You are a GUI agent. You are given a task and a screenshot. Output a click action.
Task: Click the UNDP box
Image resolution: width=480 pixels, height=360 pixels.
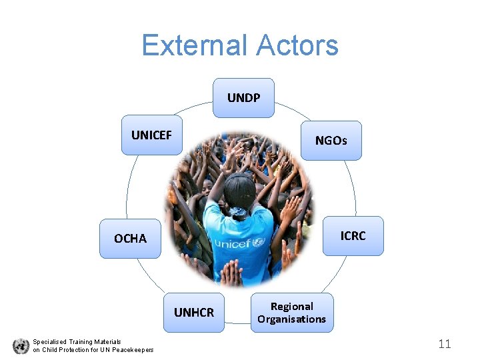(x=243, y=98)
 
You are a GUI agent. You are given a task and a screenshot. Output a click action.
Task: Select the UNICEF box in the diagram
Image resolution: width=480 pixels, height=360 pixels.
(x=152, y=136)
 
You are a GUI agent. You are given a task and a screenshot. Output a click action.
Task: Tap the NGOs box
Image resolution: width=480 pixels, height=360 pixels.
(x=331, y=141)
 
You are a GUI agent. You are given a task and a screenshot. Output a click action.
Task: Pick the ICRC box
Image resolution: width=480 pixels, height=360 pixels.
(x=353, y=236)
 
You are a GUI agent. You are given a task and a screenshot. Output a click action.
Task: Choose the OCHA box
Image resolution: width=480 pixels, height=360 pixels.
(x=130, y=238)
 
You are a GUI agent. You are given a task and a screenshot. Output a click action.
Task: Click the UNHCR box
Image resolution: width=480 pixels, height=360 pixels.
(x=194, y=312)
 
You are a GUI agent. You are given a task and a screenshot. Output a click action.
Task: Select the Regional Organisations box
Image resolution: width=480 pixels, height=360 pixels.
(x=292, y=312)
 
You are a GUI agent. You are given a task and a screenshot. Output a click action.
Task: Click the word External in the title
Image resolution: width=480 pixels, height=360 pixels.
(x=190, y=45)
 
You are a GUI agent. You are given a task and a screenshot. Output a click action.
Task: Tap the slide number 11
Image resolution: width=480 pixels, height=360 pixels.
(x=445, y=344)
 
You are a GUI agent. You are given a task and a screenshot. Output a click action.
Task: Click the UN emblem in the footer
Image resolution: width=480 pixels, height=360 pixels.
(x=21, y=346)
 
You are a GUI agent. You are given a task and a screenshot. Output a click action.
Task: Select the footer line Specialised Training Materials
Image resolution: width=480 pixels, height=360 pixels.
(x=77, y=341)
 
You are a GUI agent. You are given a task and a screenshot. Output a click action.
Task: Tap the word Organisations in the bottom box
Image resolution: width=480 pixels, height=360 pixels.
(x=292, y=319)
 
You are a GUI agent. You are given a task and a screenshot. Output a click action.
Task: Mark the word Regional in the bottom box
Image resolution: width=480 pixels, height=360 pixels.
(x=292, y=306)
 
